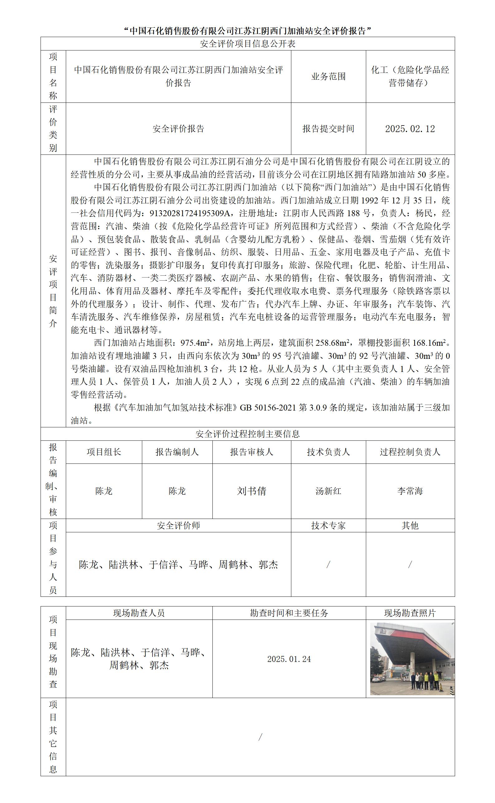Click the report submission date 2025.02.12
410,129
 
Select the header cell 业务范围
328,77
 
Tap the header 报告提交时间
328,129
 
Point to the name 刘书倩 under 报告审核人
251,491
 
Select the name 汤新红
328,491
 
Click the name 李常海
410,491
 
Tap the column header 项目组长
104,452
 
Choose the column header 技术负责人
328,452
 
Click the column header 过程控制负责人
410,452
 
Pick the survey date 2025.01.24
289,659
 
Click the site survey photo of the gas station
412,658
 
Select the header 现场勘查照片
410,613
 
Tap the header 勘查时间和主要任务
289,613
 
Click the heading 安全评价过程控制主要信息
248,434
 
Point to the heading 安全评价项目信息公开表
248,44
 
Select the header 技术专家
328,526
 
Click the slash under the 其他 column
410,564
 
